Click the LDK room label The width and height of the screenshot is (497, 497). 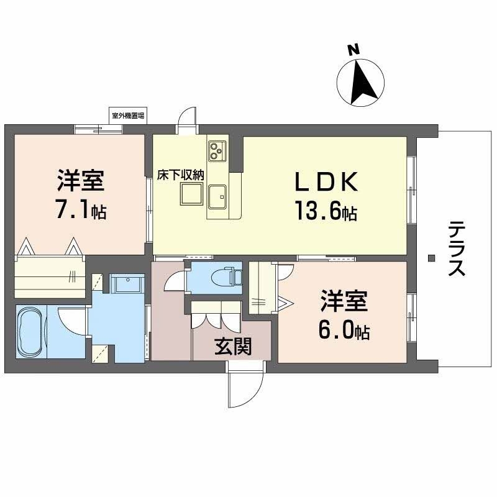(x=325, y=183)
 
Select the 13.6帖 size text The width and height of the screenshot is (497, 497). (x=325, y=212)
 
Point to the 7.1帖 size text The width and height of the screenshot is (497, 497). (x=80, y=210)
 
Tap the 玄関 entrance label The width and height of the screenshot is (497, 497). (x=233, y=347)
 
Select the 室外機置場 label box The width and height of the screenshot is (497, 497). (x=128, y=116)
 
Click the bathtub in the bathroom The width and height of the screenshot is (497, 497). (x=30, y=332)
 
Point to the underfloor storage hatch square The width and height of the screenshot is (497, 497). (x=191, y=195)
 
